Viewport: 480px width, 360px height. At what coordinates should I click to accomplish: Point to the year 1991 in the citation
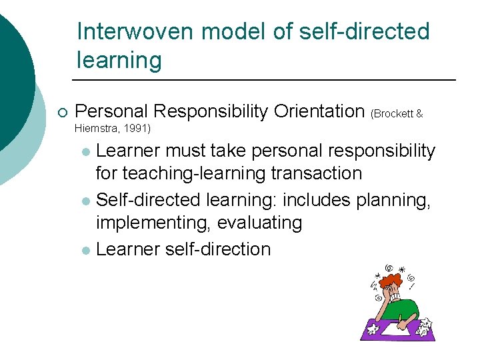(x=137, y=127)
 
